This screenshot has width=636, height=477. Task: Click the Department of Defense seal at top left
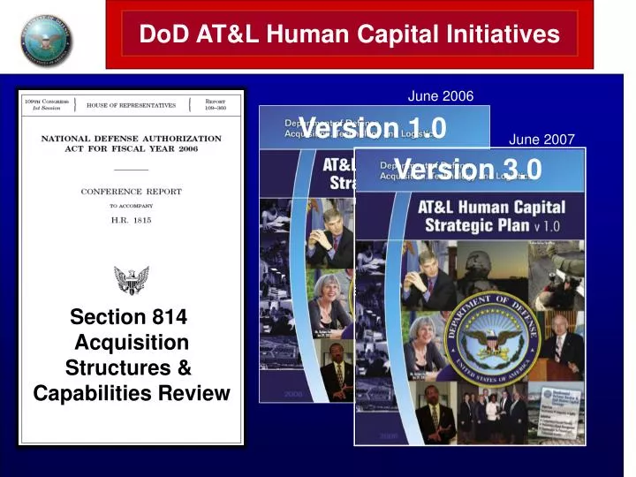point(47,40)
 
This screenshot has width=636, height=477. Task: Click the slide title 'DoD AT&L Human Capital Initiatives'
point(350,34)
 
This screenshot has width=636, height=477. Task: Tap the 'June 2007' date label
point(541,139)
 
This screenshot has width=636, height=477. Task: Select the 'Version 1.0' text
point(373,128)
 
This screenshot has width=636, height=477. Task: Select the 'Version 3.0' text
point(468,169)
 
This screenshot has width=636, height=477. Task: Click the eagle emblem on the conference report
point(132,279)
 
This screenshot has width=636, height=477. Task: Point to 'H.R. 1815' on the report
point(131,219)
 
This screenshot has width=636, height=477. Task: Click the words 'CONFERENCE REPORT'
point(131,191)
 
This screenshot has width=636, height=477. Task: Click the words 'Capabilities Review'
point(132,393)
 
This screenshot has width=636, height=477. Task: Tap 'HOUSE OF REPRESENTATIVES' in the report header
point(131,105)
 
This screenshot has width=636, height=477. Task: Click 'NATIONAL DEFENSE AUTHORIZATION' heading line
point(131,139)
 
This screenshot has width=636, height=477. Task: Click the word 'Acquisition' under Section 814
point(132,342)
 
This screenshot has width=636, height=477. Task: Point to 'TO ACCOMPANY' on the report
point(131,205)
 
